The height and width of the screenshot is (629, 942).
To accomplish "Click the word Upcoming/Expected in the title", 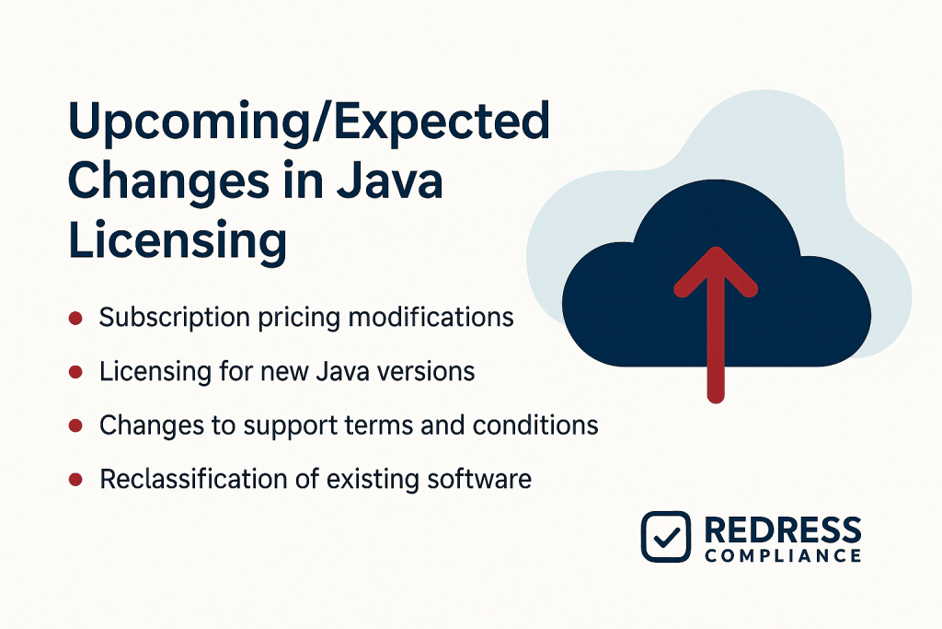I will tap(308, 123).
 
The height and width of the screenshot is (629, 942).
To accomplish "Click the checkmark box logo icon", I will tap(665, 536).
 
